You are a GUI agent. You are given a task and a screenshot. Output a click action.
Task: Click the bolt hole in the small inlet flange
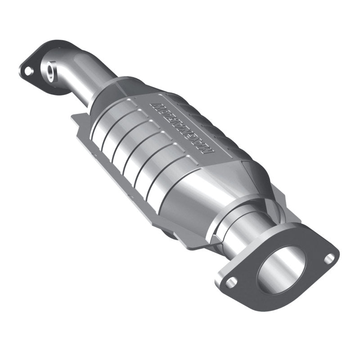[28, 71]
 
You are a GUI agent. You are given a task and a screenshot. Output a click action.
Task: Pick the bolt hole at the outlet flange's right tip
[330, 257]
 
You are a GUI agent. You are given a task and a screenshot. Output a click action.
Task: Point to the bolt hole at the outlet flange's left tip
[231, 282]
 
